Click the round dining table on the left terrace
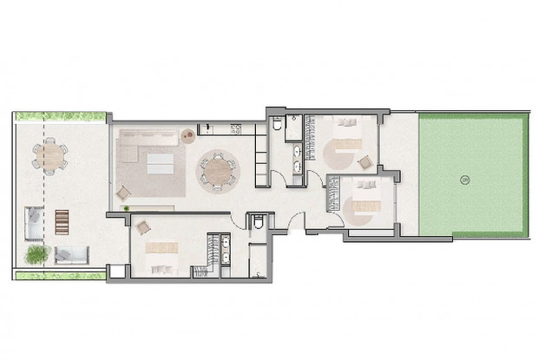coord(50,155)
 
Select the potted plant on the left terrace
coord(36,254)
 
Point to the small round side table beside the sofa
coord(188,134)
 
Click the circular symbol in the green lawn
coord(465,180)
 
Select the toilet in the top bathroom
coord(276,127)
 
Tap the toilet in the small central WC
coord(259,223)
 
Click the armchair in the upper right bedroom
coord(364,161)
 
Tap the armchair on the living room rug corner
coord(124,193)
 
